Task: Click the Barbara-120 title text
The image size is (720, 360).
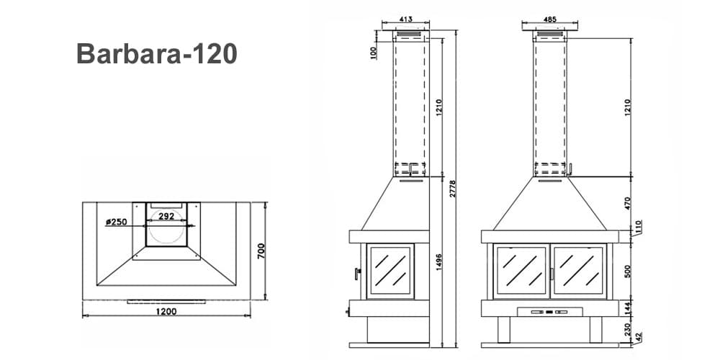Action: tap(156, 53)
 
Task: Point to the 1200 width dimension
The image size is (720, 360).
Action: tap(166, 311)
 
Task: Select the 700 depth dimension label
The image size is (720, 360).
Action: tap(261, 251)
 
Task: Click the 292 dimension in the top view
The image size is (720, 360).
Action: tap(166, 216)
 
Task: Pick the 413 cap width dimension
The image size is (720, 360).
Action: tap(405, 19)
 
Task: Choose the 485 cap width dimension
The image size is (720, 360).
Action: tap(549, 19)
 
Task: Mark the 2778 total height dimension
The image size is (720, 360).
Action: tap(453, 189)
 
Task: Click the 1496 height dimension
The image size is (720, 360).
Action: tap(438, 262)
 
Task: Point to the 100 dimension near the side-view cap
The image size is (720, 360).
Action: tap(374, 53)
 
